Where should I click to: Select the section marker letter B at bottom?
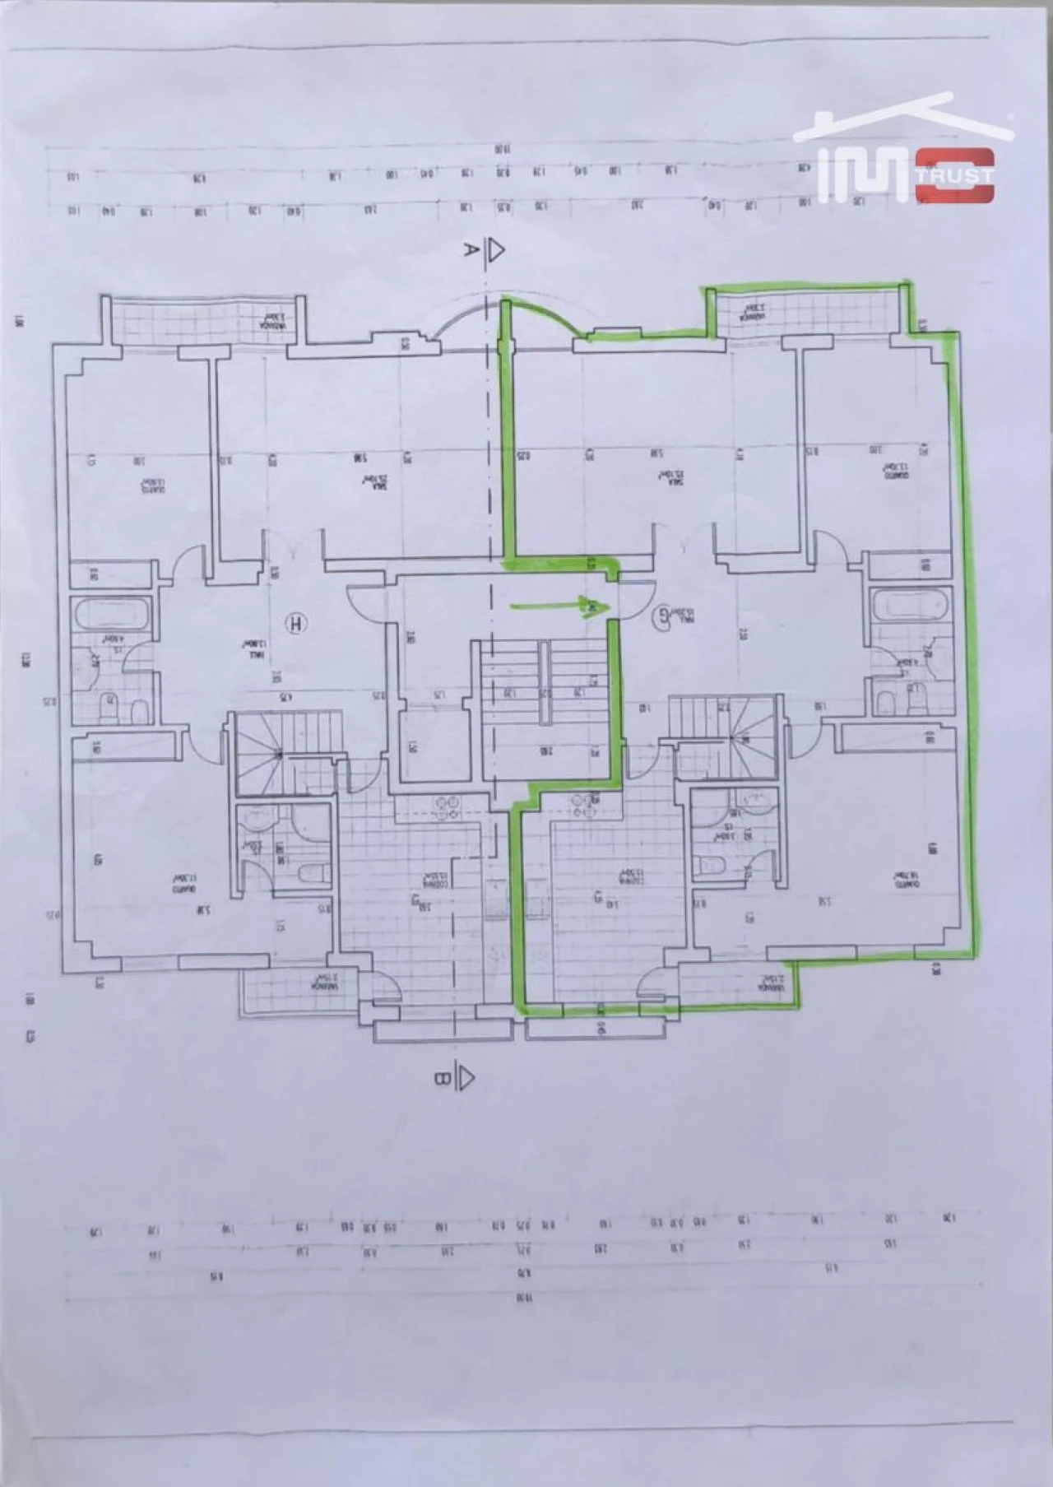point(442,1078)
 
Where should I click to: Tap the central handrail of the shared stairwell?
point(544,683)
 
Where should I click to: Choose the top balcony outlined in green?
point(806,313)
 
